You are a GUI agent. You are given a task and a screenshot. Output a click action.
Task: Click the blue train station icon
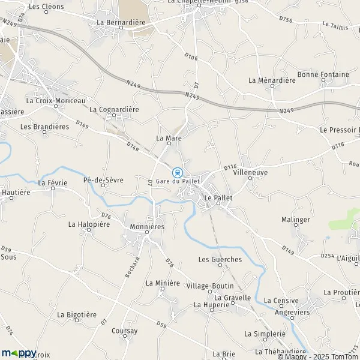tap(177, 172)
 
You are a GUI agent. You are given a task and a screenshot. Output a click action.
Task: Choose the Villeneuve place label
tap(250, 172)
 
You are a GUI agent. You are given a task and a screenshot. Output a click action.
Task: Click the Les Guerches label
tap(220, 259)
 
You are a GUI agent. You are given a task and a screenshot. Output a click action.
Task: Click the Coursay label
tap(124, 331)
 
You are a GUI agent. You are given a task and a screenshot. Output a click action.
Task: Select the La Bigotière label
tap(77, 314)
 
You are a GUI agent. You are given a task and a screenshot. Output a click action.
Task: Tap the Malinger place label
tap(296, 220)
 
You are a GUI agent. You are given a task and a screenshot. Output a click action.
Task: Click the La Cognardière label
tap(114, 110)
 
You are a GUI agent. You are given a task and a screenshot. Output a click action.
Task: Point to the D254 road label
tap(327, 256)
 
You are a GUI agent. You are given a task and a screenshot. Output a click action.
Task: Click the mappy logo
tap(19, 353)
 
